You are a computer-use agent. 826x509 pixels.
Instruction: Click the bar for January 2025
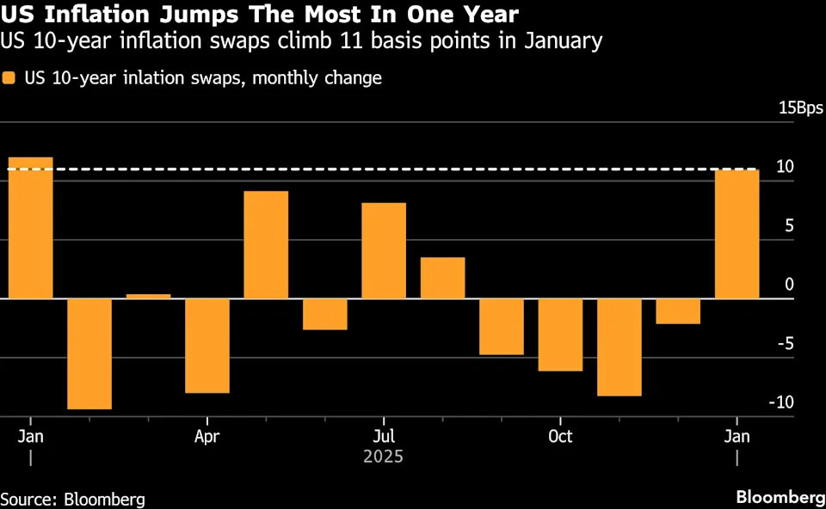click(30, 228)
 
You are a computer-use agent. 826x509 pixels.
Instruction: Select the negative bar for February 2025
click(89, 353)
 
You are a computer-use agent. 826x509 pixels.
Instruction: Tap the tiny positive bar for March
click(148, 296)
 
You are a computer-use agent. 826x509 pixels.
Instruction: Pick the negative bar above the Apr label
click(207, 346)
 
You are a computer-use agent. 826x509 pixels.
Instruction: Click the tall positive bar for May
click(266, 245)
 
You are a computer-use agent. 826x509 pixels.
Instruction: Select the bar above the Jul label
click(384, 251)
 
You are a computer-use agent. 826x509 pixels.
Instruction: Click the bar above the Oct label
click(560, 334)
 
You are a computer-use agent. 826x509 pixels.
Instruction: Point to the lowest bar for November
click(619, 347)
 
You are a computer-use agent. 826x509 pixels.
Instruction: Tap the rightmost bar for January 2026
click(737, 234)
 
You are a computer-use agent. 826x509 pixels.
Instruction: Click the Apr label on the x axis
click(207, 436)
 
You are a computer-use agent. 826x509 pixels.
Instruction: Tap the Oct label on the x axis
click(560, 436)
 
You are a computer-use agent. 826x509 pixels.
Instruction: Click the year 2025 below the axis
click(383, 457)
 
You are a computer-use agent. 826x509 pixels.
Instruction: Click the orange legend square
click(9, 78)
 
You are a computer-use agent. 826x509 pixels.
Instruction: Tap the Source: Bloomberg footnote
click(72, 499)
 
